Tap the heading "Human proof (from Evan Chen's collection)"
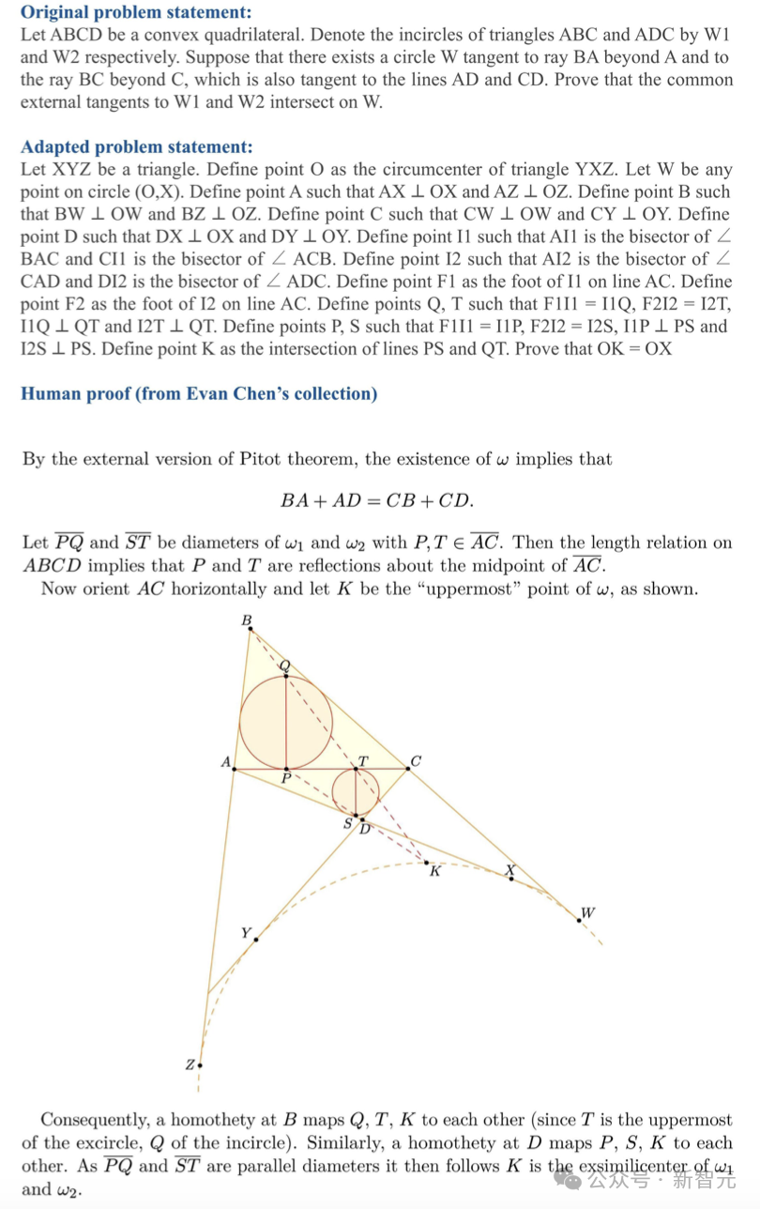(199, 393)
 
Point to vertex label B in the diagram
(247, 620)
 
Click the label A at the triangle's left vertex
(225, 762)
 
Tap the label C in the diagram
(416, 761)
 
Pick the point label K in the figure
(434, 872)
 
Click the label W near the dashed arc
(587, 911)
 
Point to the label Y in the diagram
(246, 932)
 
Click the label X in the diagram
(510, 870)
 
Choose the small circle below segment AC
(356, 791)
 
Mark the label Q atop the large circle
(285, 666)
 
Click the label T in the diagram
(363, 759)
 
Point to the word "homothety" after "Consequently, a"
(206, 1120)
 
